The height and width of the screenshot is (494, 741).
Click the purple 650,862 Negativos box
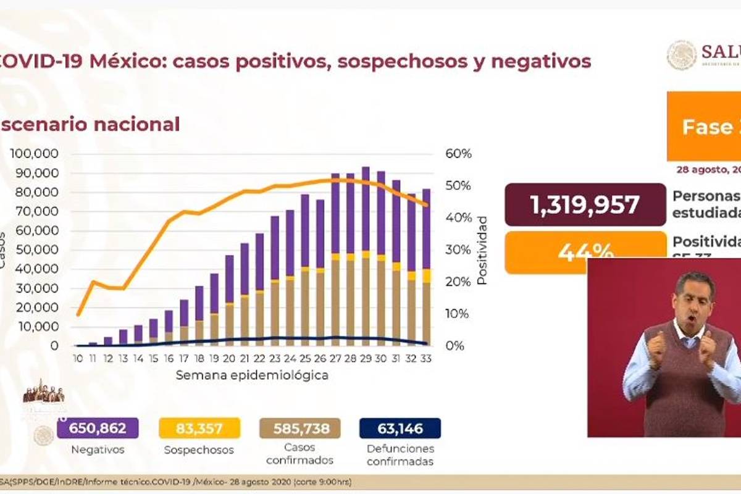tap(98, 428)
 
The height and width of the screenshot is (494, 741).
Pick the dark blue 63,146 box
tap(400, 428)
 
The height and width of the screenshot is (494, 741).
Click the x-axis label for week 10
tap(78, 359)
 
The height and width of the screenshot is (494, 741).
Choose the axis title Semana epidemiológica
tap(252, 375)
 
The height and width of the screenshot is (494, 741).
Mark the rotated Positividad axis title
tap(482, 250)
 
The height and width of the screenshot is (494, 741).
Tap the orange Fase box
tap(703, 127)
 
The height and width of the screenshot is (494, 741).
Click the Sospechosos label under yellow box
tap(199, 450)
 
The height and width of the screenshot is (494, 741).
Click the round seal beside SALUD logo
tap(681, 56)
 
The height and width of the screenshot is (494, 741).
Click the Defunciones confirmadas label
tap(400, 454)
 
